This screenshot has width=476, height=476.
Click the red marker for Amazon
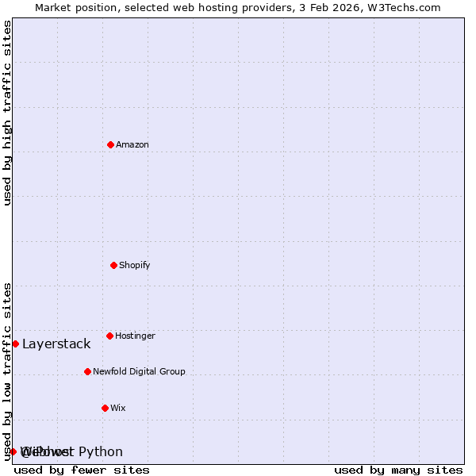point(110,144)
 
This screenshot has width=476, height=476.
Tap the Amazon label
point(132,145)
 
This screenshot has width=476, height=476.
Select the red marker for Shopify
point(113,265)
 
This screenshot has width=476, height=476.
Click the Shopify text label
point(135,266)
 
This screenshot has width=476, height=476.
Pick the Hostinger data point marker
point(109,336)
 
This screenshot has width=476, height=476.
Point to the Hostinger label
point(135,336)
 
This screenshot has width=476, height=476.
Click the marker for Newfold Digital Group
point(87,371)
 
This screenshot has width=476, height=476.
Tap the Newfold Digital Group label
point(139,372)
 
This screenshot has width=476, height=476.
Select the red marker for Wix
point(105,408)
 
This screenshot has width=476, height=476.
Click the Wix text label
point(117,409)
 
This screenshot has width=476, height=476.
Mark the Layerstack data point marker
point(15,344)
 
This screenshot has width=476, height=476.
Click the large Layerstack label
point(56,344)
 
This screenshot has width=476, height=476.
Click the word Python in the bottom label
point(101,452)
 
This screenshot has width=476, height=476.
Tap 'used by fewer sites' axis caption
point(82,470)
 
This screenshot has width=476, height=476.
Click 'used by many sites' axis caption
point(398,470)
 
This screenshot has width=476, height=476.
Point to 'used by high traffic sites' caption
point(7,113)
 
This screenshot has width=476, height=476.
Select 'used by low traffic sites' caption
point(7,370)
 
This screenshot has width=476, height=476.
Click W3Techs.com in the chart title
point(408,7)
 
